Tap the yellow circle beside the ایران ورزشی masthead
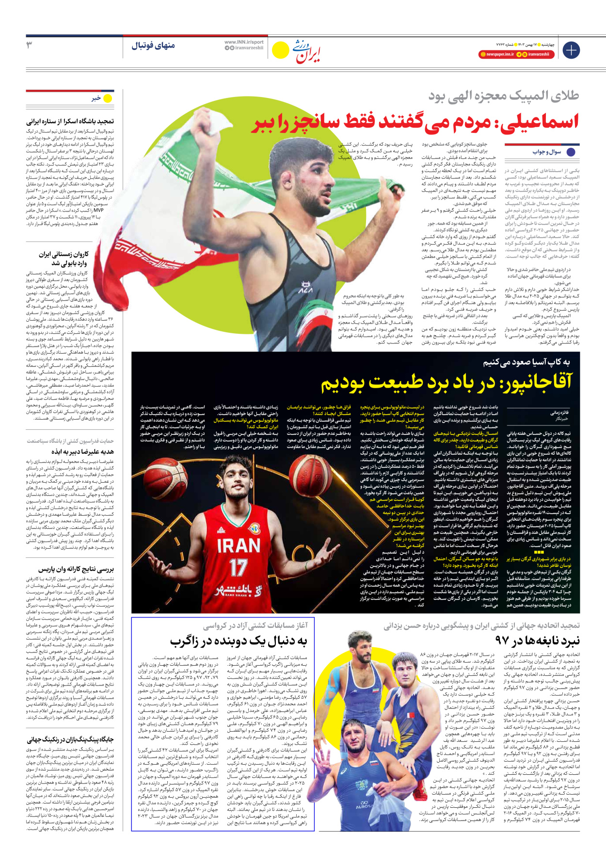pyautogui.click(x=280, y=50)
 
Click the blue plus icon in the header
pyautogui.click(x=571, y=50)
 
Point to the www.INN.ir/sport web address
pyautogui.click(x=244, y=42)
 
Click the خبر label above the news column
pyautogui.click(x=96, y=98)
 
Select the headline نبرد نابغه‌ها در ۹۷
pyautogui.click(x=537, y=641)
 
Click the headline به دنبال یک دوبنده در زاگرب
pyautogui.click(x=238, y=641)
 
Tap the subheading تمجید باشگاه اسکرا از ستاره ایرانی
pyautogui.click(x=70, y=121)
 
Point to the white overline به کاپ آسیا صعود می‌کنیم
pyautogui.click(x=526, y=362)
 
